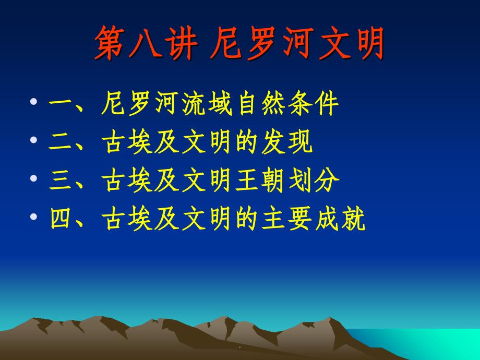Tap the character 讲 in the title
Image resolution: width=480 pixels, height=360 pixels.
pyautogui.click(x=181, y=43)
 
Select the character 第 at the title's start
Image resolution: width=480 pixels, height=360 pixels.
pyautogui.click(x=110, y=43)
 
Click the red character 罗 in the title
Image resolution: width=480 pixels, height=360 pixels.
pyautogui.click(x=261, y=43)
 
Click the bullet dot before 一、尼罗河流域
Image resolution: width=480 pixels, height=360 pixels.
pyautogui.click(x=34, y=101)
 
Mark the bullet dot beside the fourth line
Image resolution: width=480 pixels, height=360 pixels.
pyautogui.click(x=34, y=217)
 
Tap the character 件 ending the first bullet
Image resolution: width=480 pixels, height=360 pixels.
pyautogui.click(x=327, y=103)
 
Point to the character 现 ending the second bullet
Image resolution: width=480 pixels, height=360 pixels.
pyautogui.click(x=300, y=142)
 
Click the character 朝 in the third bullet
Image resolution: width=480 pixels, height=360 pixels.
pyautogui.click(x=273, y=180)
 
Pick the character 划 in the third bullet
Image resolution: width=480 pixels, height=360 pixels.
pyautogui.click(x=300, y=180)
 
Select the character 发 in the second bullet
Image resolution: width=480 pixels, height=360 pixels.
pyautogui.click(x=273, y=142)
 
